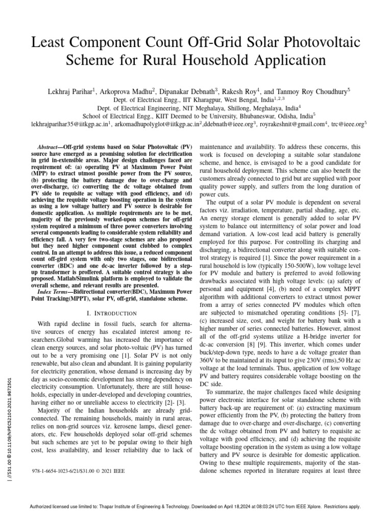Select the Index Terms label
coord(53,290)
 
